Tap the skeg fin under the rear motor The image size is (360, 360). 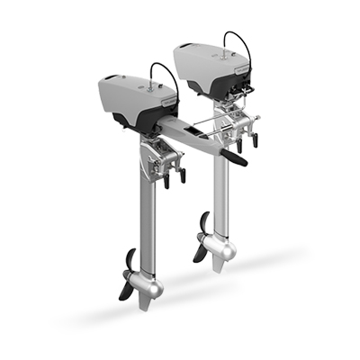(220, 266)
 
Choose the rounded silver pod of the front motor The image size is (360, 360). (149, 287)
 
